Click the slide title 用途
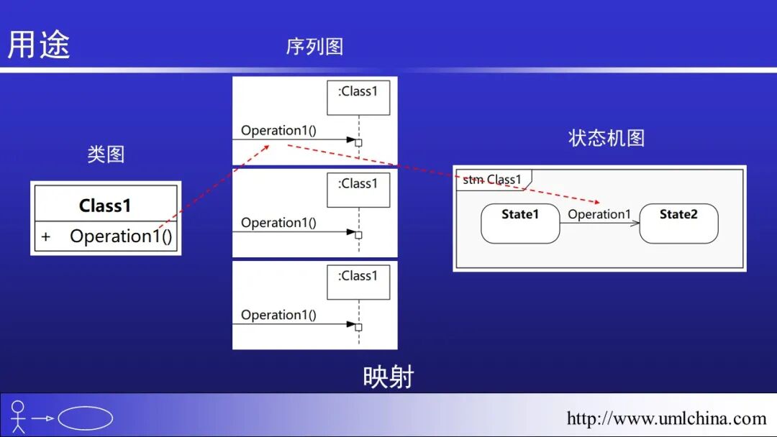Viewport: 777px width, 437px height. tap(39, 44)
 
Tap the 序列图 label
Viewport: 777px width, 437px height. tap(314, 47)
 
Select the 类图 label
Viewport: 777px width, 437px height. tap(106, 154)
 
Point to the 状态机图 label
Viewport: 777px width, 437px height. tap(606, 138)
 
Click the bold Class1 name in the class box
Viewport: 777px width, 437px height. tap(105, 206)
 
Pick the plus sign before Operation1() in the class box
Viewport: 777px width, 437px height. tap(46, 236)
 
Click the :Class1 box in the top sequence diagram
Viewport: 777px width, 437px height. tap(358, 97)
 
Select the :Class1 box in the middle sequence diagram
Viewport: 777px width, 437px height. tap(358, 189)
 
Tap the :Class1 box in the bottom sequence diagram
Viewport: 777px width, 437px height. tap(358, 281)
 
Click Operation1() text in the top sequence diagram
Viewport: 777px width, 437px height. tap(278, 130)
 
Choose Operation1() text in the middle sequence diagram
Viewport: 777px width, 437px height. tap(278, 223)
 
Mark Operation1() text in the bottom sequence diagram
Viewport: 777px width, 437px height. tap(278, 315)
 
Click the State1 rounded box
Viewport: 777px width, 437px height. tap(520, 223)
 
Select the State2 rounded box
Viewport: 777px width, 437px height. tap(678, 223)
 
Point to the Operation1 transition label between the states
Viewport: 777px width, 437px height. tap(599, 214)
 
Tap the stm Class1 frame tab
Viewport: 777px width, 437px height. tap(493, 180)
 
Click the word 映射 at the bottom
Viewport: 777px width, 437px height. tap(388, 377)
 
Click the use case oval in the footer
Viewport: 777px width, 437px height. tap(85, 418)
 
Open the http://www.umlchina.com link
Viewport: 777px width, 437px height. tap(666, 418)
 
